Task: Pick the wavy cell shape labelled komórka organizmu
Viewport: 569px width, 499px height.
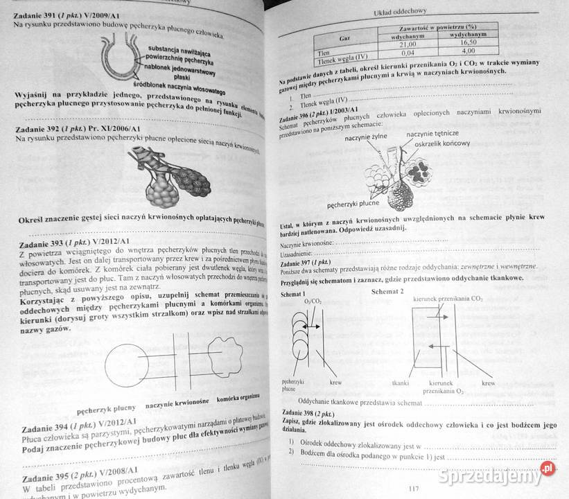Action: click(x=220, y=361)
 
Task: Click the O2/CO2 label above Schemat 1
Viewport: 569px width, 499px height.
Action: click(x=313, y=301)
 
